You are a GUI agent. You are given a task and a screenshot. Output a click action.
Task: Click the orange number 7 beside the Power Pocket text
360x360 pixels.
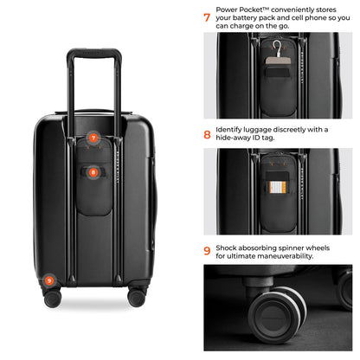click(207, 16)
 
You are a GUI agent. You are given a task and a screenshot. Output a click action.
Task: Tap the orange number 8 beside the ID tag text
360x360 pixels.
click(207, 134)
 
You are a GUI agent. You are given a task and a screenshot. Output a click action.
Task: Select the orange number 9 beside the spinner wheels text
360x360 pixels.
click(207, 252)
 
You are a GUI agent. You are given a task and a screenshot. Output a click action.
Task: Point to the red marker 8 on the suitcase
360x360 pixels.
click(93, 172)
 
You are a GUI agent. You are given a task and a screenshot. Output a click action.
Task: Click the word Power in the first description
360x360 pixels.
click(228, 5)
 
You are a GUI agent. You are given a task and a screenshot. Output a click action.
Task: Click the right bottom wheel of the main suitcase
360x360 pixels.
click(137, 297)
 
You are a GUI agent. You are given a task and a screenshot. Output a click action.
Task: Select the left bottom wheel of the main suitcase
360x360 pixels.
click(52, 297)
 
